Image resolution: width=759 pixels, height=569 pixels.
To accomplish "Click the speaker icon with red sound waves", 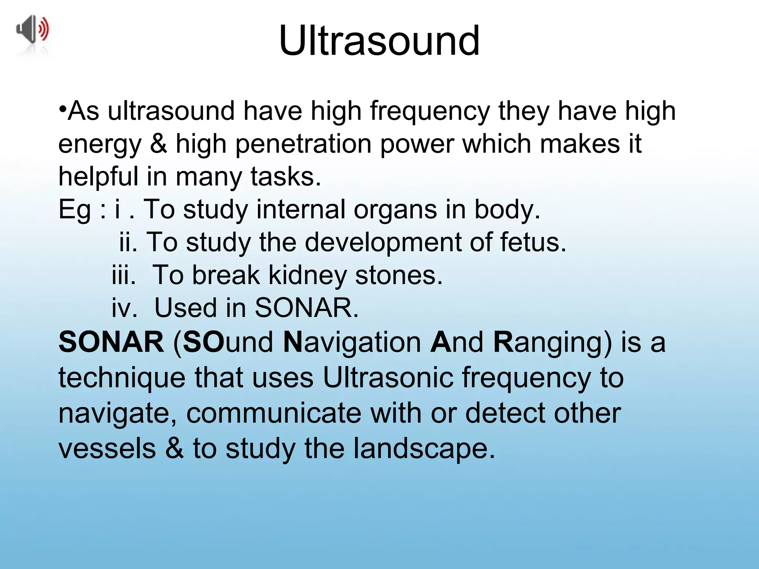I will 33,30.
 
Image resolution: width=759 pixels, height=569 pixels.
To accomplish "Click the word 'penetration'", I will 303,144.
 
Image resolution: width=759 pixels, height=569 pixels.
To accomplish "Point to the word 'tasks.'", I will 286,176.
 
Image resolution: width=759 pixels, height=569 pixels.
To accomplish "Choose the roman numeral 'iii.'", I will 124,275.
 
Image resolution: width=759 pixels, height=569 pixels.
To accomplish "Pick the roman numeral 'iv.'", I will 125,308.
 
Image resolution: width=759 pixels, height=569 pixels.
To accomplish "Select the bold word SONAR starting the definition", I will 111,342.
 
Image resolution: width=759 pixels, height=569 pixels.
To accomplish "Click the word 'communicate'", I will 274,413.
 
